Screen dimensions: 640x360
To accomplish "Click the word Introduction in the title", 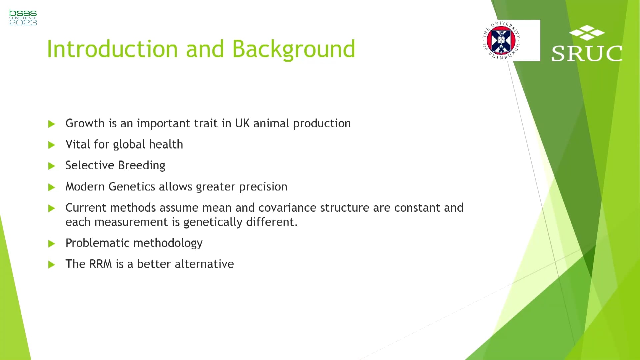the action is point(112,49).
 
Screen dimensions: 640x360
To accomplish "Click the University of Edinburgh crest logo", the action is point(501,40).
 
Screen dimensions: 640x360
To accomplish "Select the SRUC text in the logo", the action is point(587,53).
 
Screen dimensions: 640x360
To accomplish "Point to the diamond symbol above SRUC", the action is point(587,33).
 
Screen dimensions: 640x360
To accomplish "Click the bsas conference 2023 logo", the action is point(23,17).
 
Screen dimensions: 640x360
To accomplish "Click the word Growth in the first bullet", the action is point(85,123).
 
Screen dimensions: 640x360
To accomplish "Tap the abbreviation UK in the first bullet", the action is point(242,123).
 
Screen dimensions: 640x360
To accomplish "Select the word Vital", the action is point(78,144).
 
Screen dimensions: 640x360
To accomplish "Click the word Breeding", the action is point(142,166).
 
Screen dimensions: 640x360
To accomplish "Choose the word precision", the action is point(263,187).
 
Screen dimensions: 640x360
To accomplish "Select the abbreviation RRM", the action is point(100,264).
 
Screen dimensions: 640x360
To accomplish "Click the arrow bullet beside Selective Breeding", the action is point(51,166).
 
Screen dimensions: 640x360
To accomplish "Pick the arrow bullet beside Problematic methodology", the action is point(51,244).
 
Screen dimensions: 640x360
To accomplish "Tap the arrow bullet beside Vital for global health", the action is point(51,145).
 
